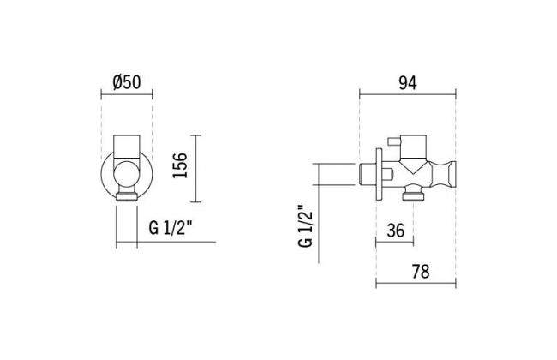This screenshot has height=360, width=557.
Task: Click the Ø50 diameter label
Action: [x=127, y=83]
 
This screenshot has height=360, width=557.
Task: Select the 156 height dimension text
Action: [x=180, y=165]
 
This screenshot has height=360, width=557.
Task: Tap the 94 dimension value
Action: [x=408, y=83]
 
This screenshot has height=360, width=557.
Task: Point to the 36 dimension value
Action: [x=395, y=231]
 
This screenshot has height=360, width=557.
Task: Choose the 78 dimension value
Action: [x=421, y=272]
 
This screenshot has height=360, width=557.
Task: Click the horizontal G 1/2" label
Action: [x=171, y=228]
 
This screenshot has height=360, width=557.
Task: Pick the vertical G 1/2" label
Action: [x=306, y=226]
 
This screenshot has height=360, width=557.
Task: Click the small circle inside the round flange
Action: [x=127, y=173]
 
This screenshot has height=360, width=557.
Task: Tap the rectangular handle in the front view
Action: [x=127, y=147]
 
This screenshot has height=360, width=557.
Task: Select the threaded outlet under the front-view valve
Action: [x=127, y=197]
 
